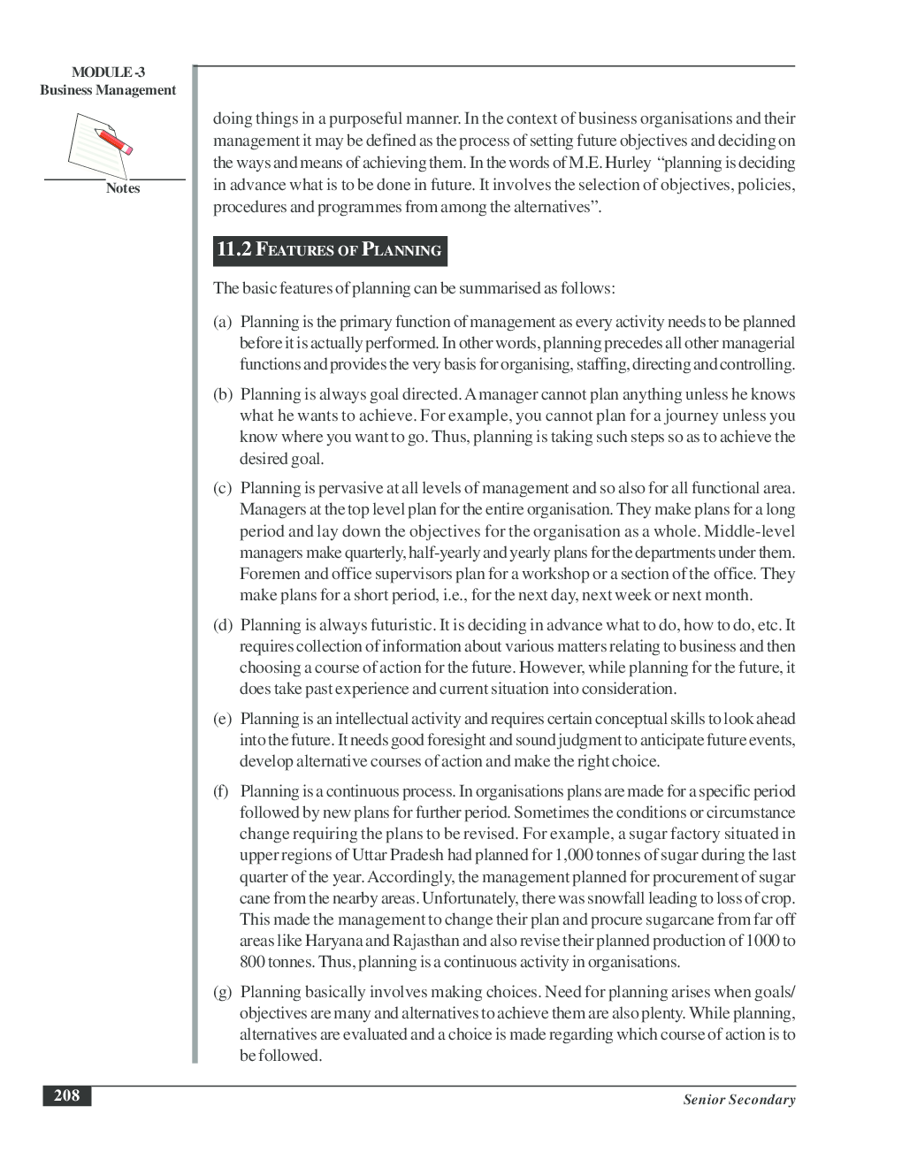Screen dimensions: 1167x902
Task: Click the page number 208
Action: point(66,1095)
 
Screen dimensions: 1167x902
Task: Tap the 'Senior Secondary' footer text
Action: point(738,1100)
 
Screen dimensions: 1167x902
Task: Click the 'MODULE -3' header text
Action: point(108,72)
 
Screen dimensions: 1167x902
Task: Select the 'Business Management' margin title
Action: point(108,90)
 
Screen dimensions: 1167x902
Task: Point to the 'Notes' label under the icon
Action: point(123,188)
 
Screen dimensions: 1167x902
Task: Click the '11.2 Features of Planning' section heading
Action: point(330,250)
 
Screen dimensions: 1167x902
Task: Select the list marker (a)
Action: point(222,322)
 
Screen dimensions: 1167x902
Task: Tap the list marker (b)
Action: point(222,394)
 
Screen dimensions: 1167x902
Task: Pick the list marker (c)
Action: point(222,488)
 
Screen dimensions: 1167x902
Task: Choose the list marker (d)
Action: point(222,625)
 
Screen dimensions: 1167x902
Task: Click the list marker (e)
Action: point(222,719)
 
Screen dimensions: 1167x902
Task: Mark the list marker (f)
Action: point(221,791)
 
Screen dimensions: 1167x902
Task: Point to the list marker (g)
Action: point(222,992)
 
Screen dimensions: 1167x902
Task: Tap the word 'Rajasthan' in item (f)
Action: point(425,941)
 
